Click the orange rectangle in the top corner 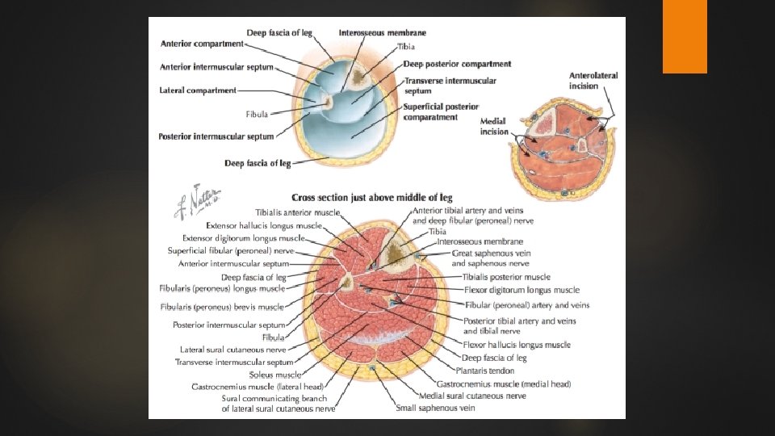tap(685, 36)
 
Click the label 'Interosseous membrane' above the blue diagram tap(383, 33)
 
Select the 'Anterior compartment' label tap(202, 43)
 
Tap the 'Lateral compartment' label tap(198, 90)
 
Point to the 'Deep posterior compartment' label tap(457, 64)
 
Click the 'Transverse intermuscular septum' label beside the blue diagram tap(450, 86)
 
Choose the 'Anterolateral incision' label tap(593, 81)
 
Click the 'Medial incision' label tap(494, 127)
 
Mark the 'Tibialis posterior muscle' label tap(506, 277)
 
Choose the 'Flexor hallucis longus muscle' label tap(517, 345)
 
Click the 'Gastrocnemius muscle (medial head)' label tap(503, 384)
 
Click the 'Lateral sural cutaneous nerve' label tap(233, 350)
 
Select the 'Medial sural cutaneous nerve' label tap(472, 396)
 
